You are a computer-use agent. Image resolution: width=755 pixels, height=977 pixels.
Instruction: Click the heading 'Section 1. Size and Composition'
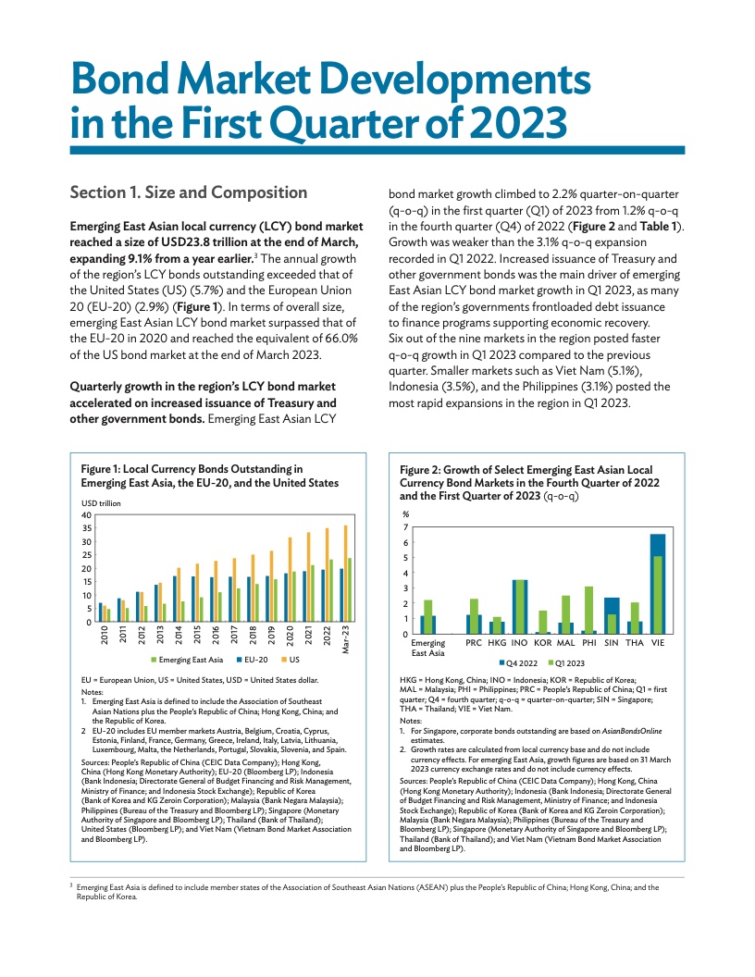point(189,192)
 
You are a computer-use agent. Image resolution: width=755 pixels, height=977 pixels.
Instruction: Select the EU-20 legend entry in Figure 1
point(251,660)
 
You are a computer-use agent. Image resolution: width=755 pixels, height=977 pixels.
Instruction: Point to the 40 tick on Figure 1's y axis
point(86,514)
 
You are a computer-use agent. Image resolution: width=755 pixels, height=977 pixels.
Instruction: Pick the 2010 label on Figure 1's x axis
point(105,636)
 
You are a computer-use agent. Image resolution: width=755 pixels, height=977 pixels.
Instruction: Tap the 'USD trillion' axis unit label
point(101,502)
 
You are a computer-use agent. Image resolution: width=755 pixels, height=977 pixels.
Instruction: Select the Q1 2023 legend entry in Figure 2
point(568,662)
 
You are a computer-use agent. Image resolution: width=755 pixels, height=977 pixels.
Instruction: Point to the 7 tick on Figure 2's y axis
point(404,527)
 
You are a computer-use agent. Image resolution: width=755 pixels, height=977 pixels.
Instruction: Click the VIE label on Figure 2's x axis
point(658,642)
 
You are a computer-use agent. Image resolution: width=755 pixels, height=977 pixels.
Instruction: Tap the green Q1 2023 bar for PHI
point(588,610)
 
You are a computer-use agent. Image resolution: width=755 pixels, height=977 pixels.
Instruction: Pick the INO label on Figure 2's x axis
point(519,642)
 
